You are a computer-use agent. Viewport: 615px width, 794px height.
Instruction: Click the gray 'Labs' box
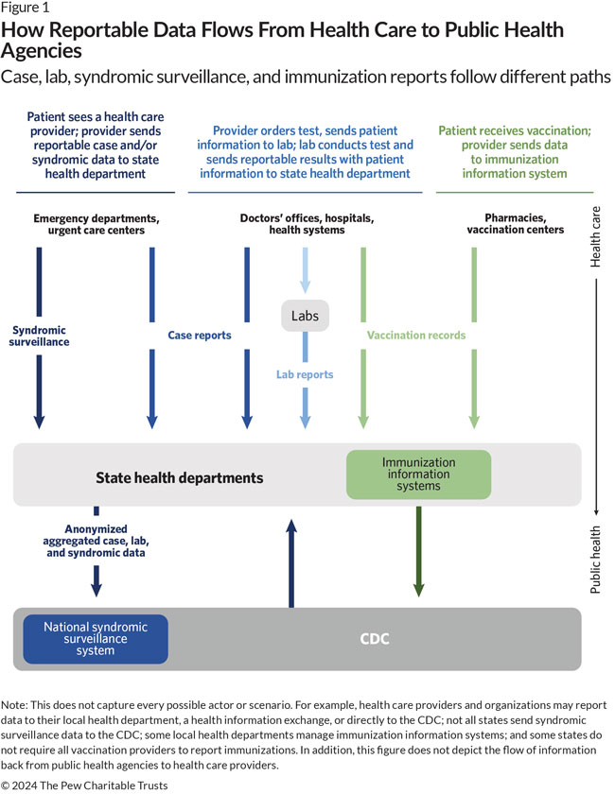pyautogui.click(x=305, y=316)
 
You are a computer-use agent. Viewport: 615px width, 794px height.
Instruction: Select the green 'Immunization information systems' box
pyautogui.click(x=418, y=475)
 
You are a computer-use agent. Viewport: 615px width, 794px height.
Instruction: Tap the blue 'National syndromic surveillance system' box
pyautogui.click(x=96, y=638)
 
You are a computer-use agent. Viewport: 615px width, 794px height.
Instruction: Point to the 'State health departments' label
pyautogui.click(x=180, y=478)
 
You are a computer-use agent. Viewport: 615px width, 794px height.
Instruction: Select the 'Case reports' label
pyautogui.click(x=201, y=335)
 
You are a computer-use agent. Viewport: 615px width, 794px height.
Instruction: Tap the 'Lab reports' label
pyautogui.click(x=305, y=374)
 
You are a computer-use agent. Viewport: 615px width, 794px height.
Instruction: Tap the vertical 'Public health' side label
pyautogui.click(x=596, y=559)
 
